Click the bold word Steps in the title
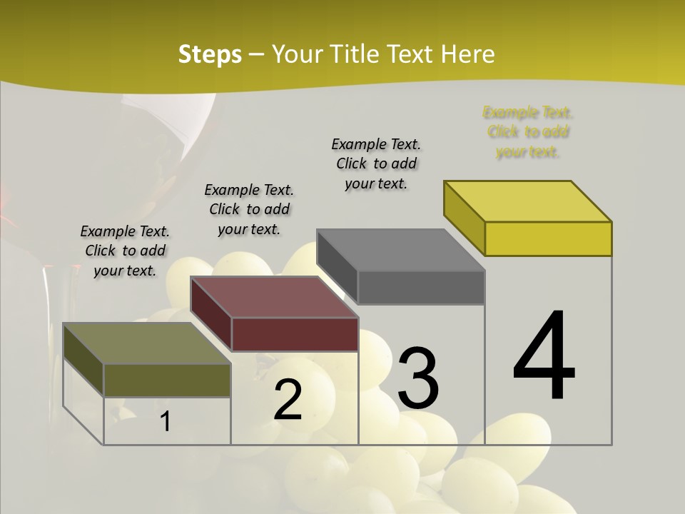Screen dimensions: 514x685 [x=210, y=54]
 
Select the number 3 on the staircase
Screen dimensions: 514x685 [x=418, y=378]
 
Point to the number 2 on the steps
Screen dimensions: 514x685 [x=288, y=400]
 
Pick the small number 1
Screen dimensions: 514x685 [x=166, y=422]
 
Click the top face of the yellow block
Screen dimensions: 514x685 [x=528, y=201]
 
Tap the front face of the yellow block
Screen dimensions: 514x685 [x=548, y=238]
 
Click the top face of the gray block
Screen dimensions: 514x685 [x=400, y=250]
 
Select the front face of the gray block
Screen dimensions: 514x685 [x=421, y=287]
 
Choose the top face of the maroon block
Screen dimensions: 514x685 [x=274, y=297]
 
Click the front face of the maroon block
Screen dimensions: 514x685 [x=295, y=334]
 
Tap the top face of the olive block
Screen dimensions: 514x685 [x=147, y=343]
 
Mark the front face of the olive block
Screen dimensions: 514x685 [x=167, y=380]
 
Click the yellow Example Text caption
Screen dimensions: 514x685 [x=528, y=132]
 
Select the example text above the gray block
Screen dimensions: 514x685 [x=377, y=163]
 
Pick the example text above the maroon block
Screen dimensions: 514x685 [x=249, y=209]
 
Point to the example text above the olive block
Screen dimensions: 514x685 [x=125, y=251]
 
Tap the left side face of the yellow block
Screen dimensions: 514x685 [x=465, y=217]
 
